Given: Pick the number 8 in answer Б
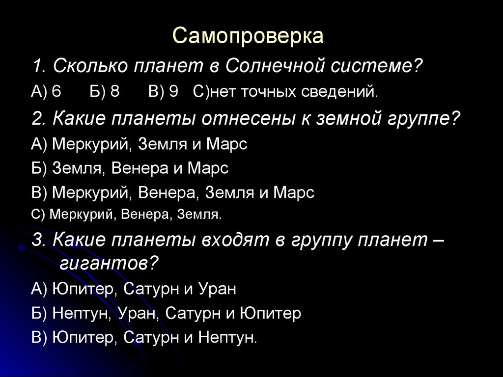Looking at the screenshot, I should pyautogui.click(x=115, y=92).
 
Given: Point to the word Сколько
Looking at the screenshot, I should pyautogui.click(x=88, y=66).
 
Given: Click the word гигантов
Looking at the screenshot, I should pyautogui.click(x=104, y=265).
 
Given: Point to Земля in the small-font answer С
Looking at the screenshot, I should pyautogui.click(x=199, y=215).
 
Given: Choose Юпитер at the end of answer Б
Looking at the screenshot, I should pyautogui.click(x=271, y=314).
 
